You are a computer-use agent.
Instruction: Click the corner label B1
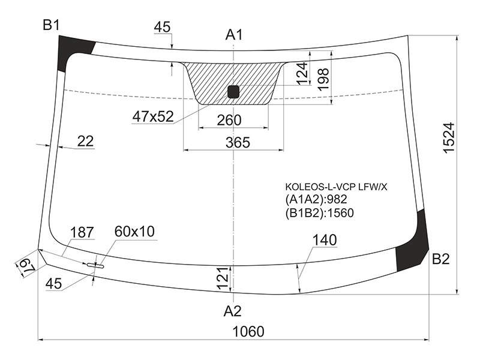[51, 25]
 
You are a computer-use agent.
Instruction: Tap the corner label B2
[440, 259]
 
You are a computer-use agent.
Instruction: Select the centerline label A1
[234, 35]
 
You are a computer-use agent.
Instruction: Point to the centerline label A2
[233, 311]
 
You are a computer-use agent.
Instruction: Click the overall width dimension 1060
[248, 332]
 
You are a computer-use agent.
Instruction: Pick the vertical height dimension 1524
[449, 138]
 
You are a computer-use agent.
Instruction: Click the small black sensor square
[233, 92]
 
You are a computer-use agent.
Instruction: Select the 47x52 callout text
[153, 116]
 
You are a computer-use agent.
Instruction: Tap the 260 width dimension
[229, 121]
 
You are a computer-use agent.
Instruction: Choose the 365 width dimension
[238, 143]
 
